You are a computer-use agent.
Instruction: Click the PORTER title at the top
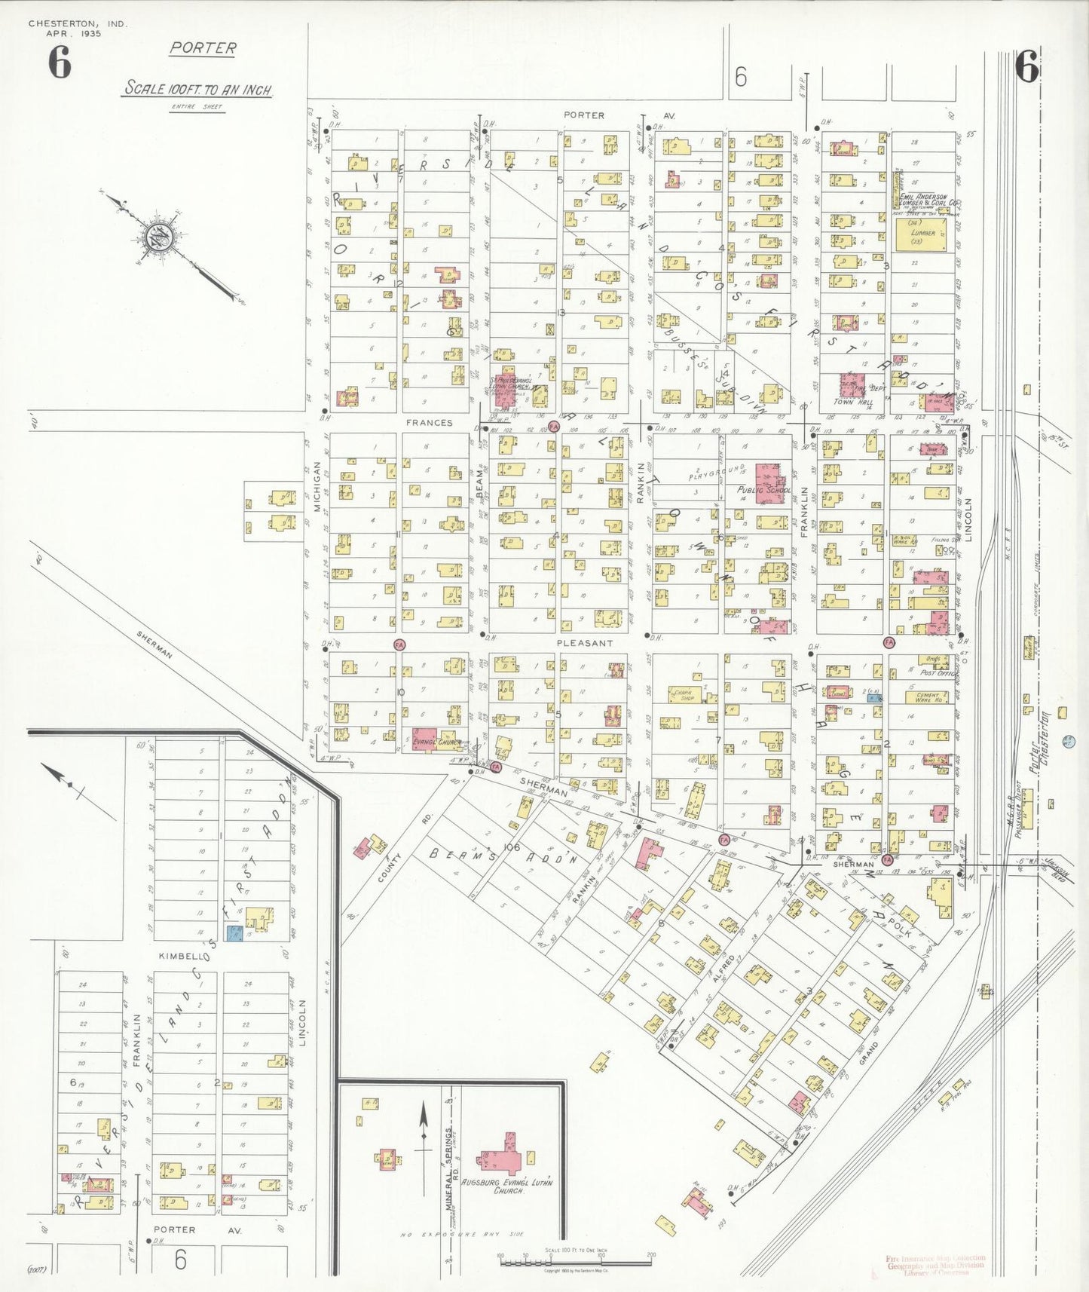pyautogui.click(x=202, y=48)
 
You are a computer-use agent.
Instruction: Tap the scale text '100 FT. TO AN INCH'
pyautogui.click(x=197, y=89)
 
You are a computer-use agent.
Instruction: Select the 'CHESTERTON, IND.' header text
pyautogui.click(x=78, y=24)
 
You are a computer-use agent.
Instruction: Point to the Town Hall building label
pyautogui.click(x=856, y=403)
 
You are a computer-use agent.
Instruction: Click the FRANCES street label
pyautogui.click(x=430, y=423)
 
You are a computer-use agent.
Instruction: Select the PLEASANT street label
pyautogui.click(x=584, y=643)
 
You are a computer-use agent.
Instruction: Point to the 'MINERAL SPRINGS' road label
pyautogui.click(x=449, y=1168)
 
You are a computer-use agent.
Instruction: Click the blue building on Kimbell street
pyautogui.click(x=235, y=935)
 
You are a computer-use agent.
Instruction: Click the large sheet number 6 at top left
pyautogui.click(x=60, y=63)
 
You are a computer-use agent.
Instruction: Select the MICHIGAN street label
pyautogui.click(x=317, y=487)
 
